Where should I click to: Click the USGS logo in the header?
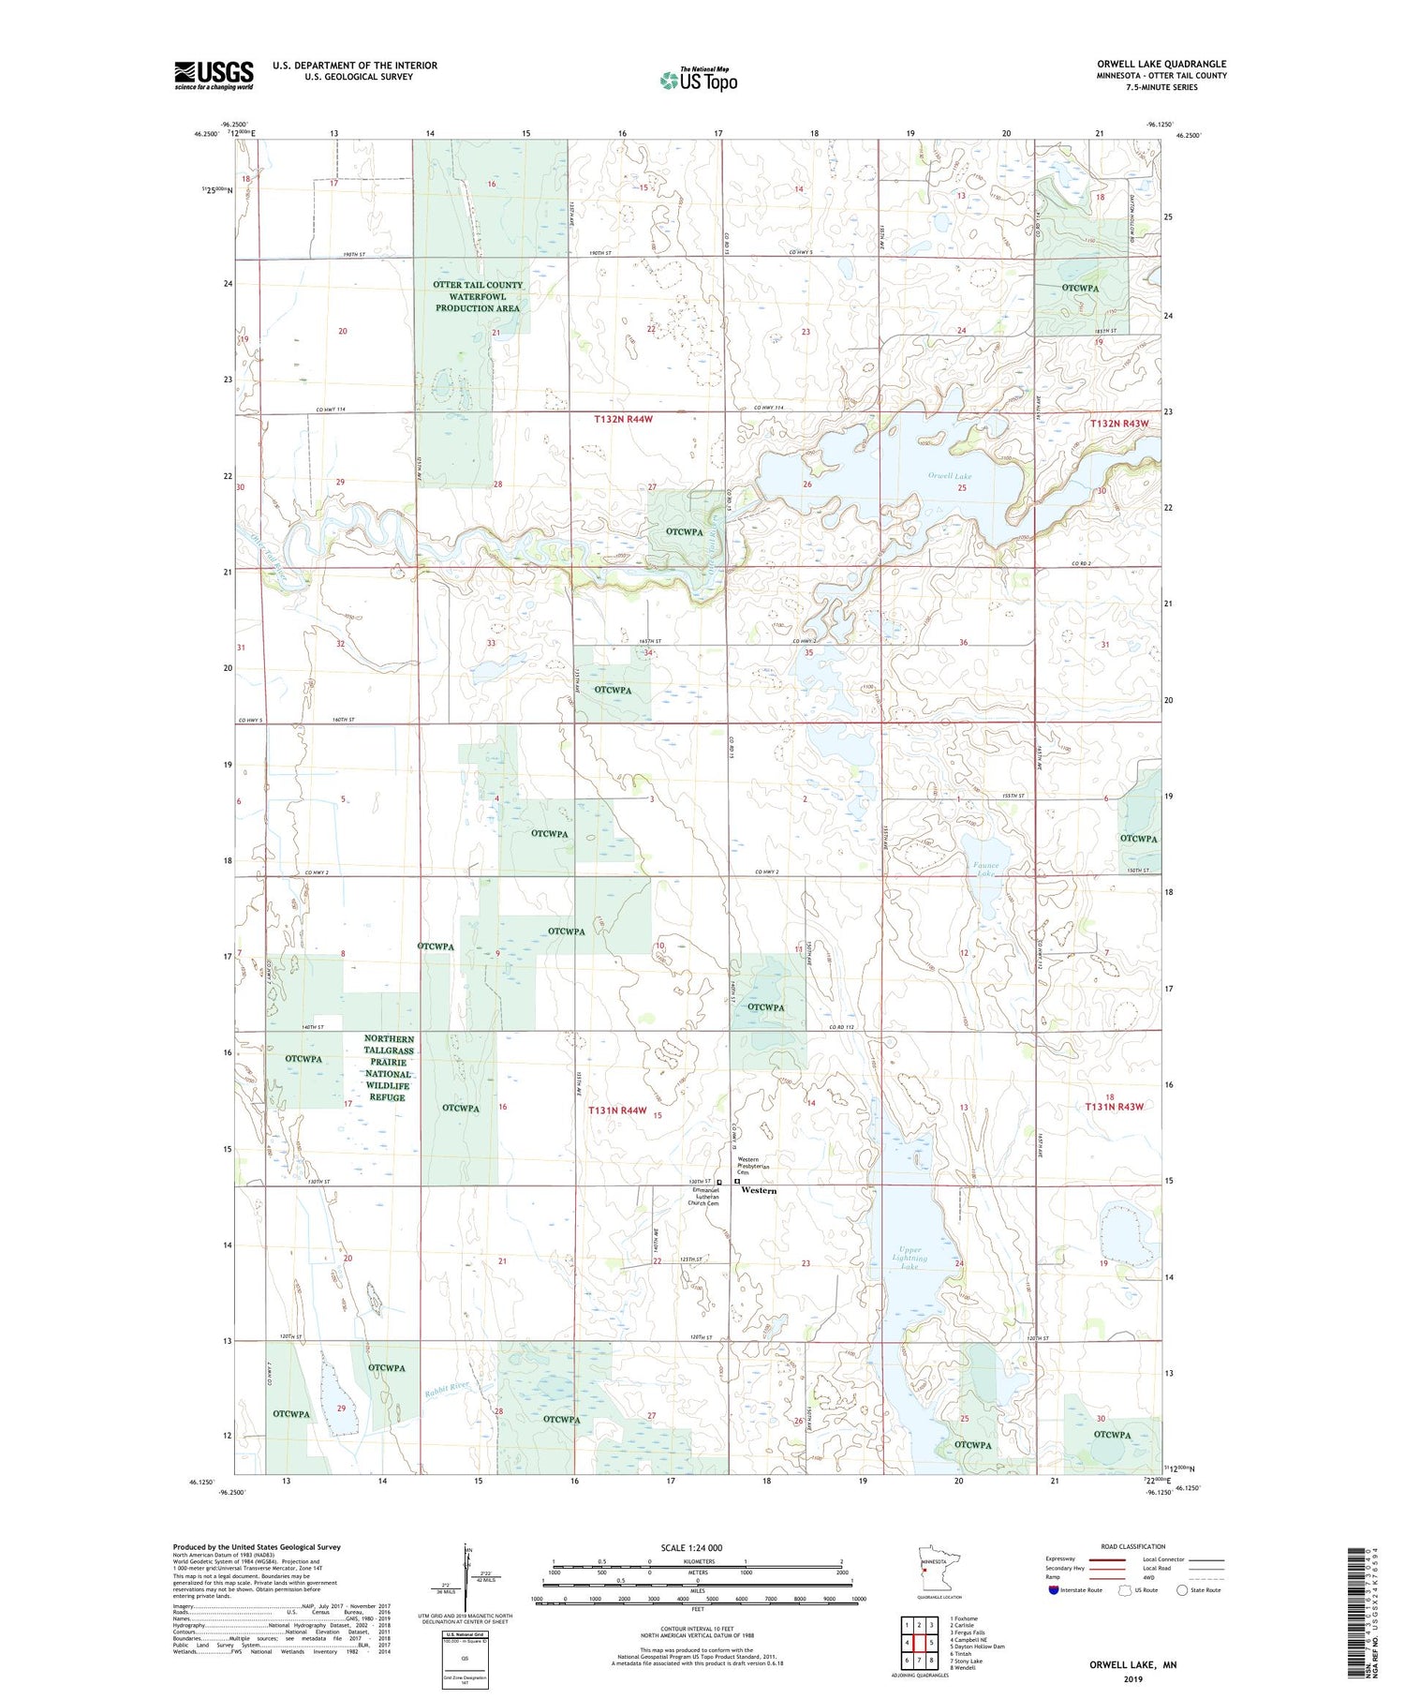(x=214, y=75)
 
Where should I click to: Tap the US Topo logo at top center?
(x=698, y=80)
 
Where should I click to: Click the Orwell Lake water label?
(x=950, y=476)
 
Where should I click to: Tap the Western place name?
(x=759, y=1190)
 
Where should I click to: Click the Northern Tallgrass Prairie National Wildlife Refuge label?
(x=388, y=1068)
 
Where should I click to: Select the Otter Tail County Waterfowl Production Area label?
(x=478, y=296)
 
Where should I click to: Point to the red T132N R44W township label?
(x=623, y=419)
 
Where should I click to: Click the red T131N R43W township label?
(x=1116, y=1107)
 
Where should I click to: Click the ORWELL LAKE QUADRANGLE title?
(x=1161, y=64)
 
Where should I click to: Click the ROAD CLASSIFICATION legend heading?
(x=1133, y=1546)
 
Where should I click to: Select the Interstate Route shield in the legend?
(x=1054, y=1590)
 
